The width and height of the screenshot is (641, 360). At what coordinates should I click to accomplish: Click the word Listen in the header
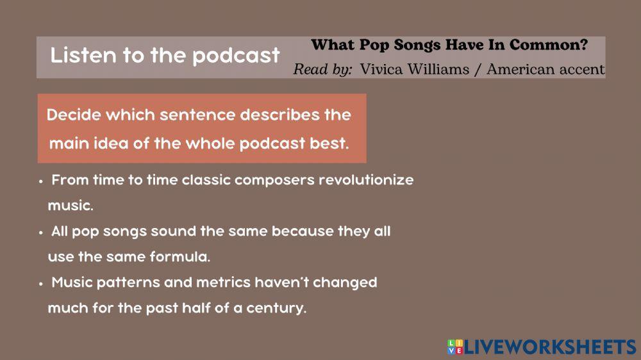pos(83,55)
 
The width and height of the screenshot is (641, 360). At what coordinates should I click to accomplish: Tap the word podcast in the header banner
pos(237,56)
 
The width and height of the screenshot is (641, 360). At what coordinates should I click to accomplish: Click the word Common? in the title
pos(549,45)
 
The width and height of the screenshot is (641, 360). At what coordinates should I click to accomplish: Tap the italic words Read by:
pos(322,69)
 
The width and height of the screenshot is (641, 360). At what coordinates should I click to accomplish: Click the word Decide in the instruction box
pos(74,115)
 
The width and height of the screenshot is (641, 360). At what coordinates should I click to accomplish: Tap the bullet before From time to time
pos(41,181)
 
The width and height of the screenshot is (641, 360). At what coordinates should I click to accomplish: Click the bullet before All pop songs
pos(41,233)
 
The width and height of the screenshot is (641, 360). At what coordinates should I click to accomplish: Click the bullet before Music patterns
pos(41,284)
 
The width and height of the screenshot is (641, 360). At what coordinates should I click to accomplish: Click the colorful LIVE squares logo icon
pos(455,347)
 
